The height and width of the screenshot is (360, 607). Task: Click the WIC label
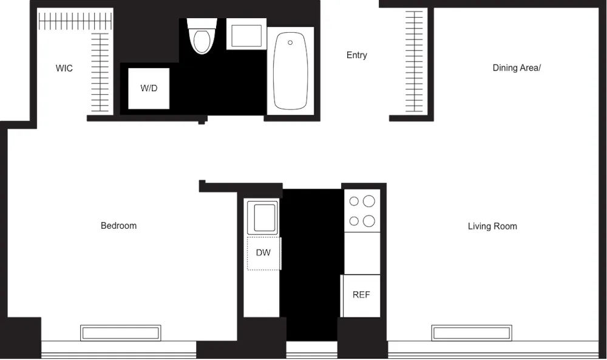pos(64,69)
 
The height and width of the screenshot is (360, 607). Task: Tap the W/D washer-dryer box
pos(149,88)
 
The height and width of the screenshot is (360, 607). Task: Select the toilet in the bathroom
pos(202,38)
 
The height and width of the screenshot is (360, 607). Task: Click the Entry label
pos(357,55)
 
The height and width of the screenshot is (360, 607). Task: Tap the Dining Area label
pos(517,68)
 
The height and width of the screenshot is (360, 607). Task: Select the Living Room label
pos(492,226)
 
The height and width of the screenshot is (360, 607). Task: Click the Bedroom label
pos(118,226)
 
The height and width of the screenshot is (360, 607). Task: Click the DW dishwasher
pos(263,253)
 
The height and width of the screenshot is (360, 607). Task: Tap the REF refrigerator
pos(361,295)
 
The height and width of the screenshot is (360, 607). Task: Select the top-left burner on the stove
pos(353,201)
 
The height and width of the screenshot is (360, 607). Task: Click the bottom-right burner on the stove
pos(369,221)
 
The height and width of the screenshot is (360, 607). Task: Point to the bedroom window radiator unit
pos(121,333)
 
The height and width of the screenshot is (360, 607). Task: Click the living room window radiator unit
pos(472,333)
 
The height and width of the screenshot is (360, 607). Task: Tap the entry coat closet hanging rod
pos(415,61)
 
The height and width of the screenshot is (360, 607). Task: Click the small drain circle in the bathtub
pos(290,42)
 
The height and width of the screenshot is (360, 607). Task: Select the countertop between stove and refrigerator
pos(362,253)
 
